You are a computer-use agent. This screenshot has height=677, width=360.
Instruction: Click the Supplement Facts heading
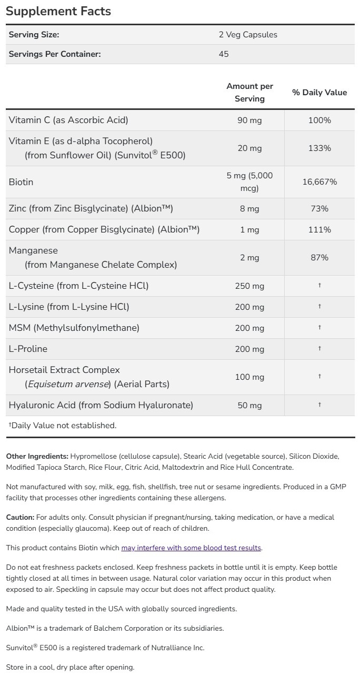tap(58, 11)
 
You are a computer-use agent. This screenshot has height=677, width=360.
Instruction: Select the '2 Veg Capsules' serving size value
tap(248, 35)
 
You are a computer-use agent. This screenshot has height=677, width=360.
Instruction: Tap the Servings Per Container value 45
tap(224, 54)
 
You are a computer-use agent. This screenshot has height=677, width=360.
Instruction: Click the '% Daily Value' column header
tap(319, 93)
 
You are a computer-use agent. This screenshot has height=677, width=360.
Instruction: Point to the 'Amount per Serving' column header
tap(249, 92)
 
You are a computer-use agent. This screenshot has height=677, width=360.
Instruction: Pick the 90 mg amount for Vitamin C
tap(249, 120)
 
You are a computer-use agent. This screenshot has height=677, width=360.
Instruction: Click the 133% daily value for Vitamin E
tap(319, 148)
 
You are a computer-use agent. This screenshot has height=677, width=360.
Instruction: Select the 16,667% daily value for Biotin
tap(319, 182)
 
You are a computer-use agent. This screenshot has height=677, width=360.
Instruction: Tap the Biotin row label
tap(21, 182)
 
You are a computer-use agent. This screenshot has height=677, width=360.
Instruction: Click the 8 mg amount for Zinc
tap(249, 209)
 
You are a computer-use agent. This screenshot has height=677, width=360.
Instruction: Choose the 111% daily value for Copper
tap(319, 230)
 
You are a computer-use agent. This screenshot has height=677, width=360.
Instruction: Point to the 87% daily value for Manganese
tap(319, 258)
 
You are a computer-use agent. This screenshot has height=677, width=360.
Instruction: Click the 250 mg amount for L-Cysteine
tap(249, 286)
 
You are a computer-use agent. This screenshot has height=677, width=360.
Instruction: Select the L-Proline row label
tap(28, 349)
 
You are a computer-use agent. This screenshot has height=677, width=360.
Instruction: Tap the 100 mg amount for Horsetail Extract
tap(249, 377)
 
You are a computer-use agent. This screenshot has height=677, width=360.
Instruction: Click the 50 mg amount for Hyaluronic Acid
tap(249, 405)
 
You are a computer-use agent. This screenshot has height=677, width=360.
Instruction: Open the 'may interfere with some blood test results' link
tap(191, 548)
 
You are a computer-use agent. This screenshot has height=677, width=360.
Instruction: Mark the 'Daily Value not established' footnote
tap(62, 425)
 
